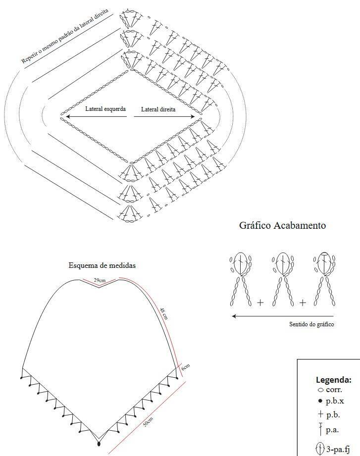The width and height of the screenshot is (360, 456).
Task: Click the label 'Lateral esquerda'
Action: [105, 109]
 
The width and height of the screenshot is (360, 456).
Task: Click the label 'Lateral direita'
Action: [158, 109]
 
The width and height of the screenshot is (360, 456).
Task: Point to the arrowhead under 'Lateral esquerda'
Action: [68, 117]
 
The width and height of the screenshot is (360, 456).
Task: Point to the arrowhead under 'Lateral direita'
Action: [193, 117]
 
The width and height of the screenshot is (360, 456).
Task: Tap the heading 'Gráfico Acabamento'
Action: [282, 225]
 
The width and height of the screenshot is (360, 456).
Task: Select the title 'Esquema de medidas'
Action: [102, 265]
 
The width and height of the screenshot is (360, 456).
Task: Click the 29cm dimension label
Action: [100, 280]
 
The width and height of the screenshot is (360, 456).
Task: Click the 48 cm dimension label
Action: [164, 313]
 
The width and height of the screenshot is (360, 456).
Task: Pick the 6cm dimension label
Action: [186, 367]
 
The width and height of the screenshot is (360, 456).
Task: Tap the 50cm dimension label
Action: [148, 422]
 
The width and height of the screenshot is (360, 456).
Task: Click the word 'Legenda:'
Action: [334, 380]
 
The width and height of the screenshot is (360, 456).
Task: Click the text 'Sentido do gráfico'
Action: [311, 324]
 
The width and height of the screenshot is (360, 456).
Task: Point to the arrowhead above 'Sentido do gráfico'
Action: [234, 316]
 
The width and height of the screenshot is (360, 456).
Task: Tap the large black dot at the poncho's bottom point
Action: [99, 444]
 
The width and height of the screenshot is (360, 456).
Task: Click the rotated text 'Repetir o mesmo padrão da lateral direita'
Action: [64, 36]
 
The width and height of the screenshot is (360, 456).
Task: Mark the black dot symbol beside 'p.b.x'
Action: [320, 401]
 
